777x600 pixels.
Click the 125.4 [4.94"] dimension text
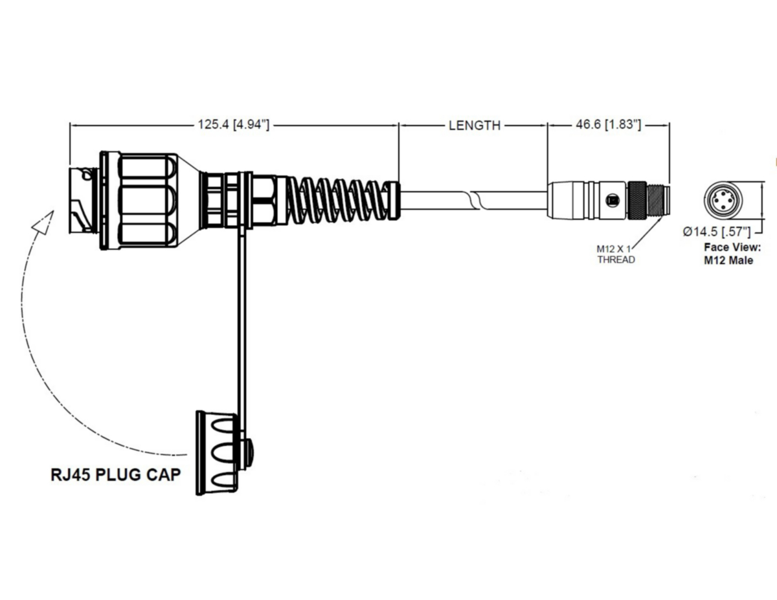pos(233,126)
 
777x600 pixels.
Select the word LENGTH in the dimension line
pos(474,126)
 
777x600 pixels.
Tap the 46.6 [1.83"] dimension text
pos(608,126)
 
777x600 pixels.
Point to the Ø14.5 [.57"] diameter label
pos(717,231)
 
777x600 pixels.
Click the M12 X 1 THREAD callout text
pos(615,254)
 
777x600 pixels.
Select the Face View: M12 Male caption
pos(728,254)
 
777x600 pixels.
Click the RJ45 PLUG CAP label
pos(115,474)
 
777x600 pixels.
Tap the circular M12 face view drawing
pos(722,200)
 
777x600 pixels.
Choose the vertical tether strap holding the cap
pos(243,324)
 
